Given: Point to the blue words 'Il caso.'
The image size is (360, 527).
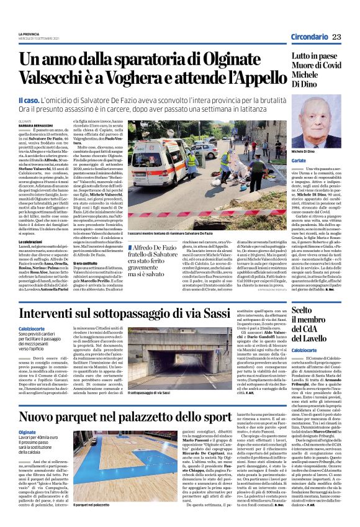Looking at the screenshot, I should (x=29, y=100).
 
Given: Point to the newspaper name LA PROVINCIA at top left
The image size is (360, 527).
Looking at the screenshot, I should (x=29, y=33).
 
